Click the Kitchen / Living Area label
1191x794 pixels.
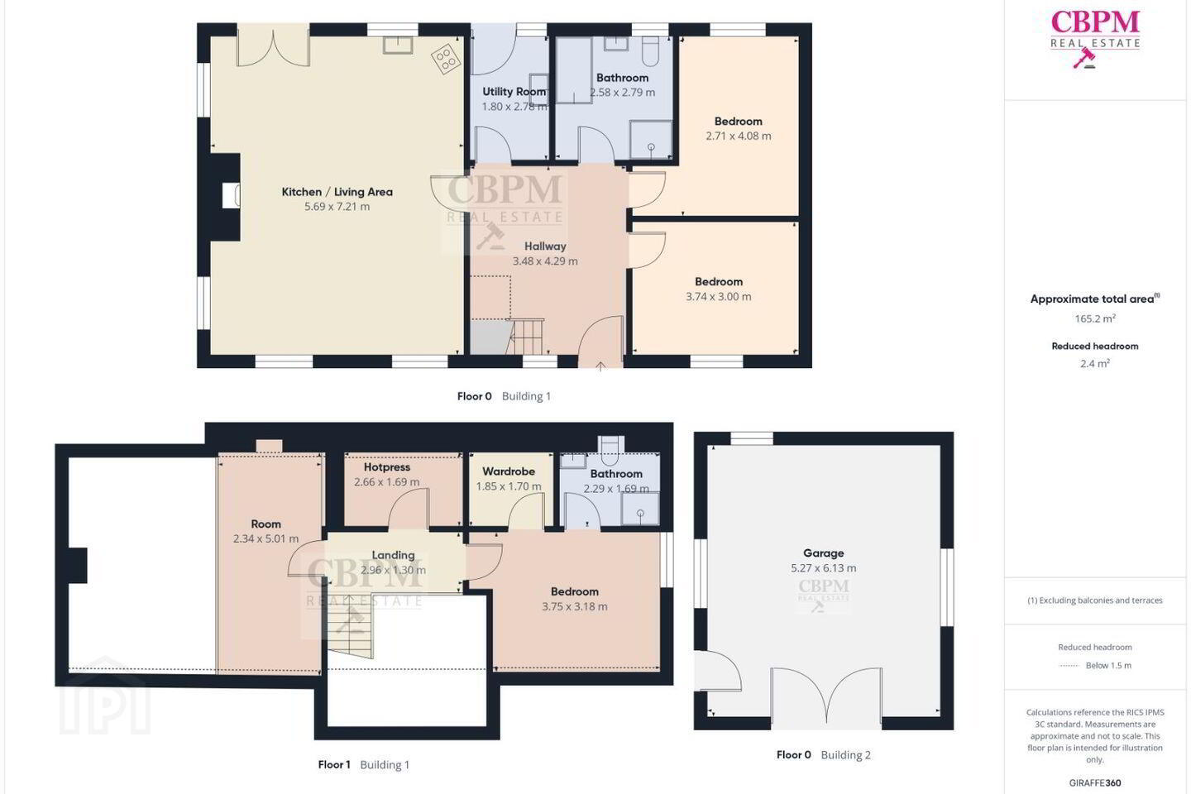(337, 192)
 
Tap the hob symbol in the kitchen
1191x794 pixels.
(446, 59)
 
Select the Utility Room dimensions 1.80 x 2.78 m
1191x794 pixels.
(514, 107)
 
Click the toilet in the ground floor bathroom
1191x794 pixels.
(651, 50)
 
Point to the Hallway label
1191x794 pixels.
(545, 246)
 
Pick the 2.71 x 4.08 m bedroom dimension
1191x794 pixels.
(738, 136)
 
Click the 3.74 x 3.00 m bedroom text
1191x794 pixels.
(718, 297)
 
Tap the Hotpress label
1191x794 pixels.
(386, 467)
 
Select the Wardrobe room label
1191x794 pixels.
(509, 471)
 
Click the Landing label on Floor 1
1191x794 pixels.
(393, 555)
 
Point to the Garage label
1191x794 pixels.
(823, 553)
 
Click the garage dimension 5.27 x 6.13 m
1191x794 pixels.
(823, 568)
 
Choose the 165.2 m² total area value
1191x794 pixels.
(1095, 318)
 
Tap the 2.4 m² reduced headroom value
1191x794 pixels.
(1095, 364)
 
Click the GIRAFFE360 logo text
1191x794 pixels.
(1095, 782)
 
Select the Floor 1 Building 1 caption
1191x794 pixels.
(364, 765)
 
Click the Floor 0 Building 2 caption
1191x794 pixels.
(824, 754)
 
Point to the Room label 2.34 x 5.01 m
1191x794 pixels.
(265, 531)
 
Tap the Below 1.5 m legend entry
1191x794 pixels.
(1108, 665)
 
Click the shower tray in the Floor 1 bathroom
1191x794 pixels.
(640, 509)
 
